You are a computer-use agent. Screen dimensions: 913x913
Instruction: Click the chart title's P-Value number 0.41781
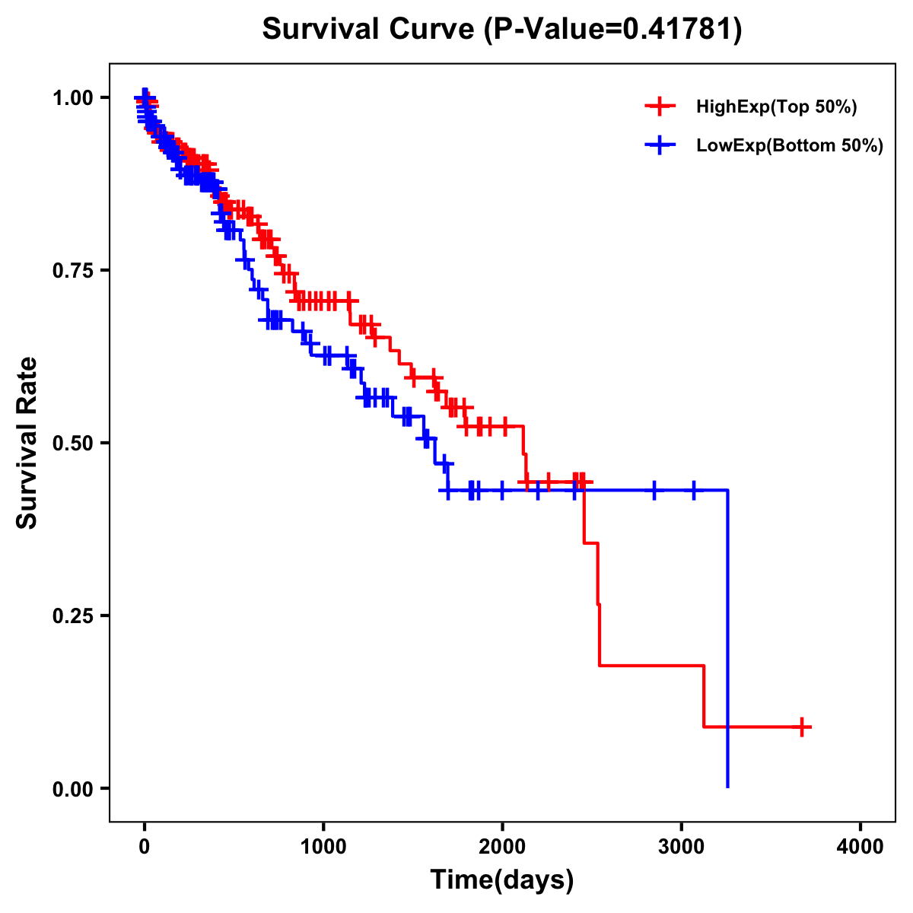[x=679, y=30]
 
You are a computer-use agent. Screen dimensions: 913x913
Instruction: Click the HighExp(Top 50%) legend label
[x=777, y=107]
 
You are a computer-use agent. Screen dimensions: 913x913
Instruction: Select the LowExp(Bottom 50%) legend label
[x=790, y=146]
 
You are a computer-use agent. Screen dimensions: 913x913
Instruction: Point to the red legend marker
[x=660, y=107]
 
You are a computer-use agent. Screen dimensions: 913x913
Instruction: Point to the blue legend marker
[x=660, y=145]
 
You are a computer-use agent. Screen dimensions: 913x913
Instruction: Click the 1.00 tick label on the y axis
[x=72, y=97]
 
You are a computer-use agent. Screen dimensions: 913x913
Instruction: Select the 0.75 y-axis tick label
[x=72, y=270]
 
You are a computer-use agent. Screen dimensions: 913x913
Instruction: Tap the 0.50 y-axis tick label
[x=72, y=443]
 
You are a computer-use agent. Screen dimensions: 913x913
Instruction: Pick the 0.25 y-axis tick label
[x=72, y=616]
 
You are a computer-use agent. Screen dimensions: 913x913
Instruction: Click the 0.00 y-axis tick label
[x=72, y=788]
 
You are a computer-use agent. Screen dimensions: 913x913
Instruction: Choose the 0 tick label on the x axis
[x=145, y=847]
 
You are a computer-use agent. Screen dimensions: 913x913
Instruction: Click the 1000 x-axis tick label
[x=323, y=847]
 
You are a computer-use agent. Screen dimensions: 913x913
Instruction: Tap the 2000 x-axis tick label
[x=502, y=847]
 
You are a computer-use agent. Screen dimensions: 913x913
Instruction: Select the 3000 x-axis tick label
[x=682, y=847]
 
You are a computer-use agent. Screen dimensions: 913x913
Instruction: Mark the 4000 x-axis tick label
[x=861, y=847]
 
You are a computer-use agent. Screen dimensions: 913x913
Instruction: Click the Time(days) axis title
[x=502, y=880]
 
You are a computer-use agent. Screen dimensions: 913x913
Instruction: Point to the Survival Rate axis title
[x=27, y=443]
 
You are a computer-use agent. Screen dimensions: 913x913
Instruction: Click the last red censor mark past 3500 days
[x=801, y=727]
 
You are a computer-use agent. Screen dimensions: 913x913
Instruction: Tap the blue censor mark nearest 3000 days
[x=693, y=490]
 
